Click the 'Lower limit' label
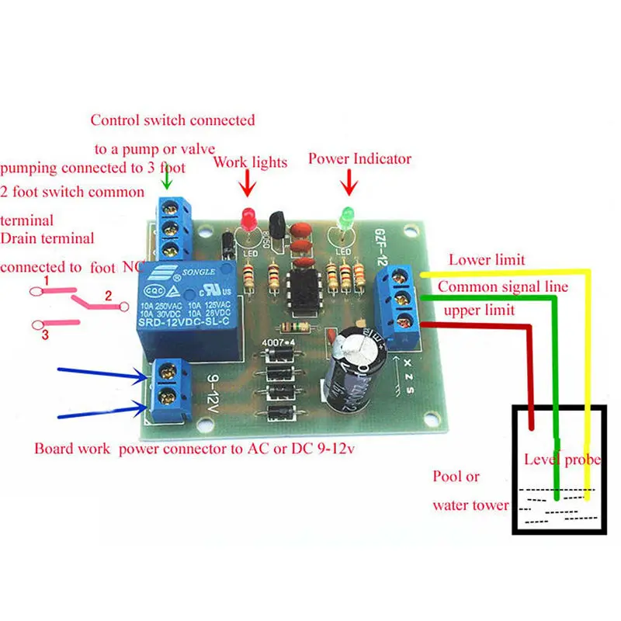tap(486, 260)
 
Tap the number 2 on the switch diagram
tap(109, 295)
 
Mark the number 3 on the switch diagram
tap(46, 335)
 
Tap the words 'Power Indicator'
tap(359, 159)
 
